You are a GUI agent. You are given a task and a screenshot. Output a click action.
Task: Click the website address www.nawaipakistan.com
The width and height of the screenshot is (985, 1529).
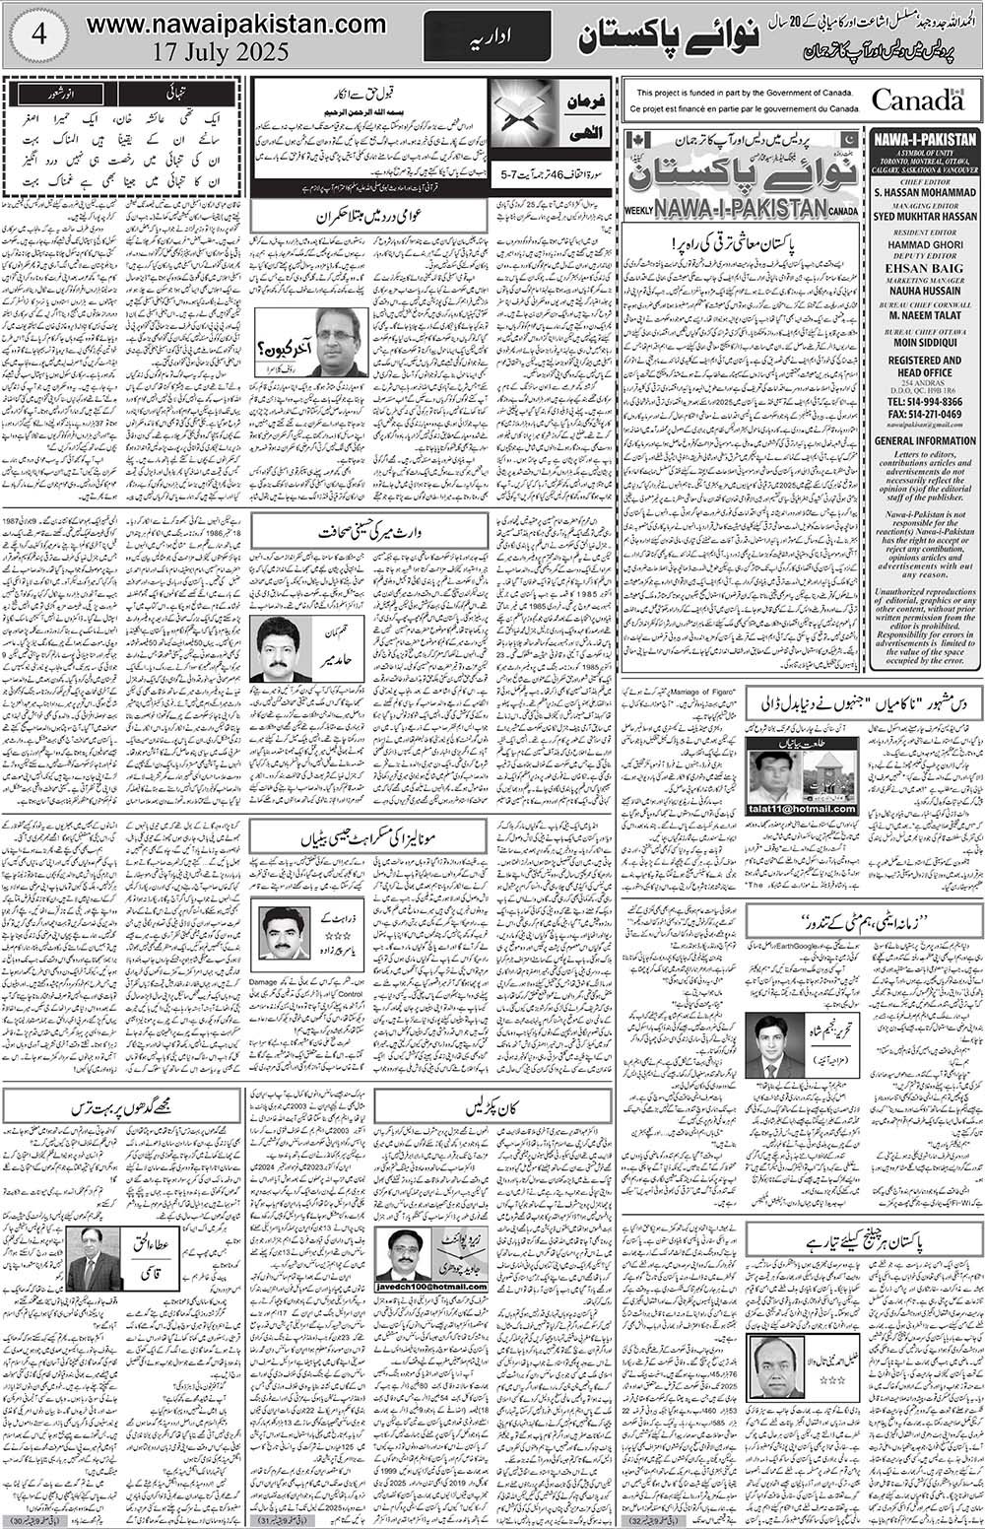(235, 24)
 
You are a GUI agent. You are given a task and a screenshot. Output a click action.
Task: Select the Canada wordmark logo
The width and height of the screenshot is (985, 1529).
(917, 99)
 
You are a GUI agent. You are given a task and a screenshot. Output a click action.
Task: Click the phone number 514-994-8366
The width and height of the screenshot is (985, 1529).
(925, 402)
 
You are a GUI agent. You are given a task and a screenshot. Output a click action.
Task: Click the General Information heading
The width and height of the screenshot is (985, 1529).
(925, 440)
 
